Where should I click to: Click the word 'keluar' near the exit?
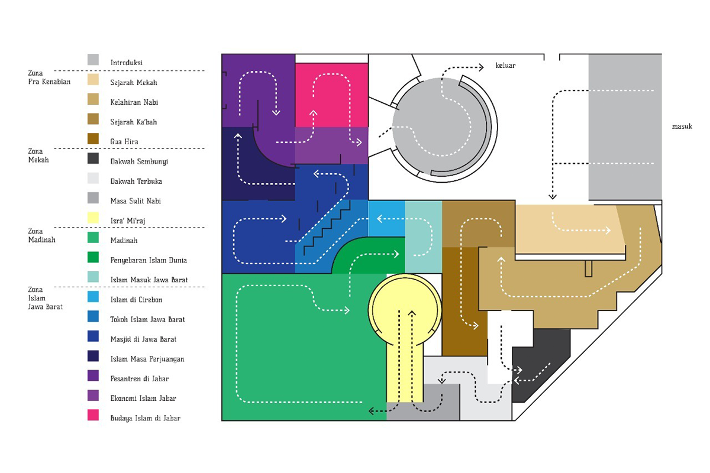pyautogui.click(x=505, y=66)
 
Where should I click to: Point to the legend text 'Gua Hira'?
pyautogui.click(x=124, y=142)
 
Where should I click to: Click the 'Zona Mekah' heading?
pyautogui.click(x=39, y=155)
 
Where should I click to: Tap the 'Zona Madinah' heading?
pyautogui.click(x=41, y=235)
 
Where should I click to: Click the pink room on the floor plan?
pyautogui.click(x=331, y=95)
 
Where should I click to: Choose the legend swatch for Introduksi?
pyautogui.click(x=93, y=60)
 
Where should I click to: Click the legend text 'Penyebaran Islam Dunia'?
pyautogui.click(x=149, y=260)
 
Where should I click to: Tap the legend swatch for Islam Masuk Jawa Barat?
pyautogui.click(x=93, y=277)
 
